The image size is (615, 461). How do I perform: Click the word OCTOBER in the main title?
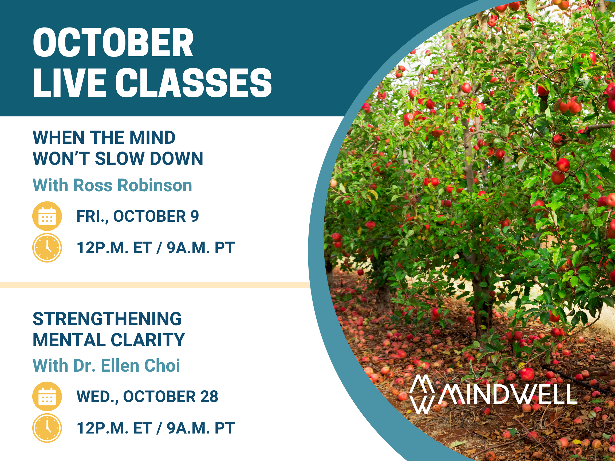coord(113,42)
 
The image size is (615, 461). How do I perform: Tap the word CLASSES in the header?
coord(194,83)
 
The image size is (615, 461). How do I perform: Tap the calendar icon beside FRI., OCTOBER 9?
coord(47,216)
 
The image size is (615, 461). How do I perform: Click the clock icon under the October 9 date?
coord(47,248)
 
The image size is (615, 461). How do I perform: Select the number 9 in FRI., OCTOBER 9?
coord(195,216)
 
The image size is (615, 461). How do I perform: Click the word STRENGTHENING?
coord(107,319)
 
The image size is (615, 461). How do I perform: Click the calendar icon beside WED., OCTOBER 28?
coord(47,396)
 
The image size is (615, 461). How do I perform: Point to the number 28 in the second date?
coord(209,396)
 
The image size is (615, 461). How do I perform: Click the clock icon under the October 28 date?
coord(47,428)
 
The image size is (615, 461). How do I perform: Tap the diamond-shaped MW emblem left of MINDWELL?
coord(422,394)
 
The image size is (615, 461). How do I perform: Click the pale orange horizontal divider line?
coord(155,285)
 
